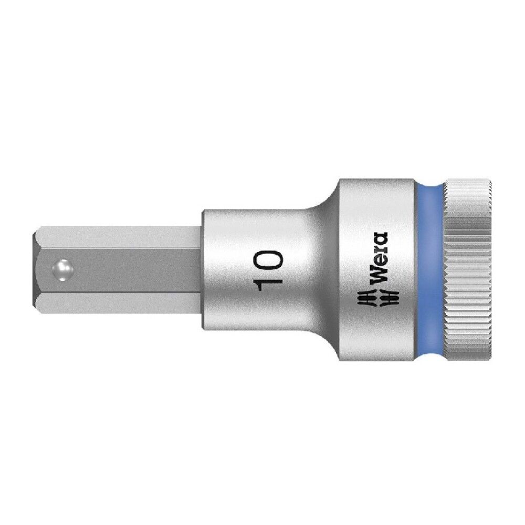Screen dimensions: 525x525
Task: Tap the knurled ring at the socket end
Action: click(x=468, y=262)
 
